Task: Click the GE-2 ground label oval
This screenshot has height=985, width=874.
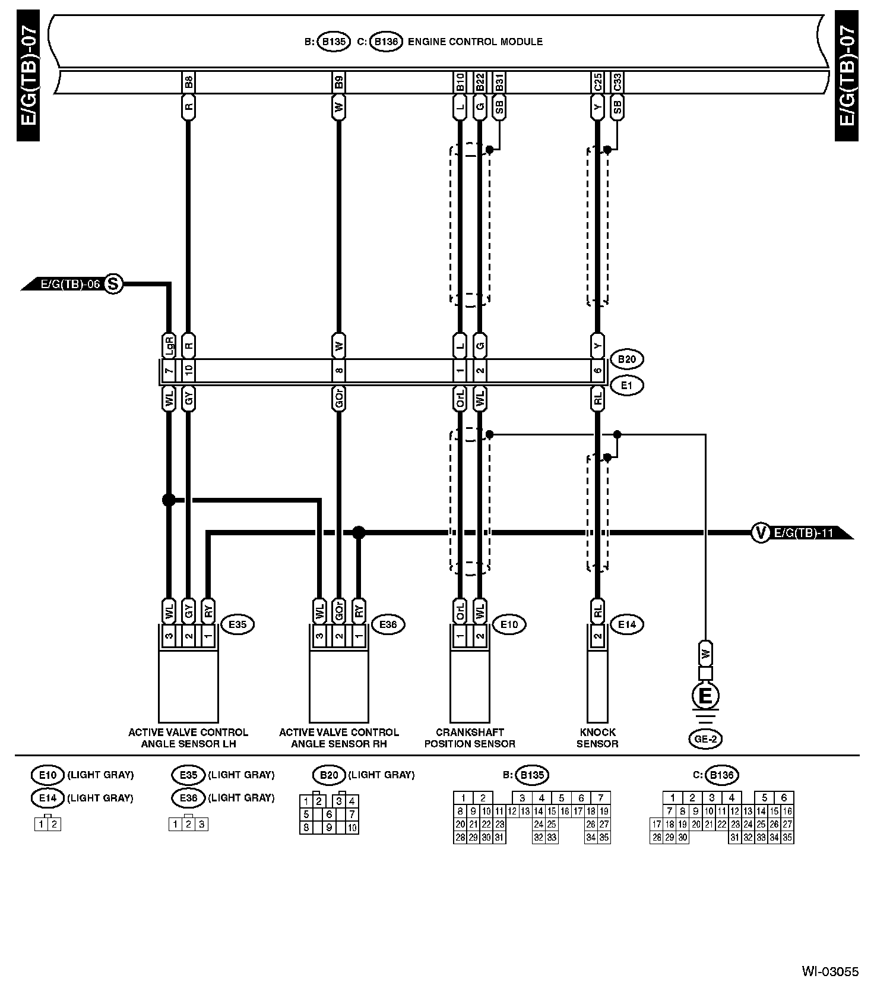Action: click(x=705, y=738)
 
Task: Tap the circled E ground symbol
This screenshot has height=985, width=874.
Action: click(x=705, y=696)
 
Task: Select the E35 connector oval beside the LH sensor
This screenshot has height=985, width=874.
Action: click(x=237, y=624)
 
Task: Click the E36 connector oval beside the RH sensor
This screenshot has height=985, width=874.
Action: click(x=388, y=624)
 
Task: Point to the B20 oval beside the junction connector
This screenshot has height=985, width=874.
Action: click(x=627, y=359)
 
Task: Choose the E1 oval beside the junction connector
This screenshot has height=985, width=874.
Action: click(x=627, y=385)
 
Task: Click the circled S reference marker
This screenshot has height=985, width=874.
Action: click(x=113, y=284)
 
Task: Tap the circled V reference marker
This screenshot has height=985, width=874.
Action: click(x=760, y=532)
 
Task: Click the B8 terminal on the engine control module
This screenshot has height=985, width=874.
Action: click(x=188, y=83)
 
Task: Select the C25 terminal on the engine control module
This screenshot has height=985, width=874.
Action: click(x=597, y=83)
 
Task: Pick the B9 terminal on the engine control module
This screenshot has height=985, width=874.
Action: click(x=338, y=83)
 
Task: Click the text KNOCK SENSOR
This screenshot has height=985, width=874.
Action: click(x=597, y=738)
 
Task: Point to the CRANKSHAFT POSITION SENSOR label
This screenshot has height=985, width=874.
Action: click(x=470, y=738)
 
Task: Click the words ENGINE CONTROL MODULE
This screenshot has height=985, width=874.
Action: click(x=475, y=42)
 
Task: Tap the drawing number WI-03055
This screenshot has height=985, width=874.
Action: click(x=830, y=972)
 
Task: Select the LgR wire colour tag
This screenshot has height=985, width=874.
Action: click(x=169, y=345)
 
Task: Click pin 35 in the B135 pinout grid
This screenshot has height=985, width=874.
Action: click(x=604, y=838)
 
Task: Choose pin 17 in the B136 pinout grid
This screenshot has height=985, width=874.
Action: click(x=656, y=824)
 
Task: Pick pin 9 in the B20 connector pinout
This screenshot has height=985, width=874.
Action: click(x=329, y=827)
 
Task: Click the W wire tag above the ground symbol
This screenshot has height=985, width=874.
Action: click(x=705, y=653)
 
